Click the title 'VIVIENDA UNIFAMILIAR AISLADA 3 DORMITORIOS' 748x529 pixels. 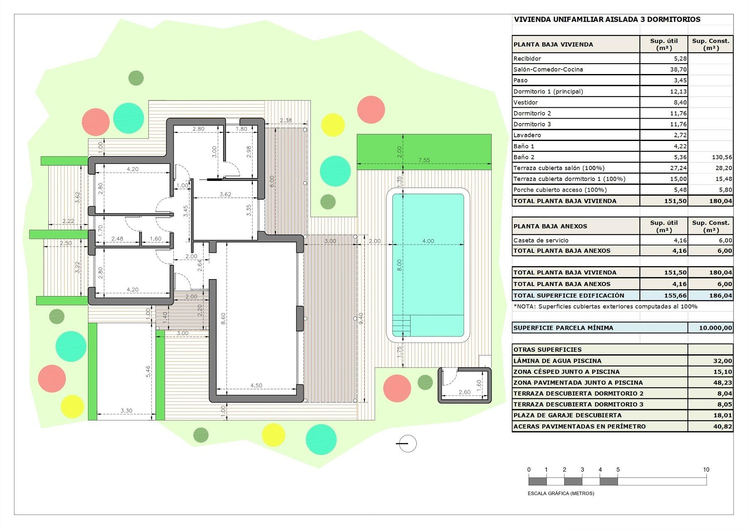[x=607, y=19]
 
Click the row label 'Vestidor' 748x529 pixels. [x=526, y=102]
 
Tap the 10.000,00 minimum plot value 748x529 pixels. [x=715, y=328]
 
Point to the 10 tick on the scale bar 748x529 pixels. [x=706, y=470]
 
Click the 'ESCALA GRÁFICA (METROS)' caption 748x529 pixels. [x=561, y=494]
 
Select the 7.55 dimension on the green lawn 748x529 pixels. [x=424, y=161]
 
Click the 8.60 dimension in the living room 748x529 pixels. [x=224, y=319]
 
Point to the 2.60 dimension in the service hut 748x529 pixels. [x=464, y=392]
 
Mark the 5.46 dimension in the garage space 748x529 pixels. [x=148, y=371]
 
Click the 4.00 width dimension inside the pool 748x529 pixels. [x=428, y=241]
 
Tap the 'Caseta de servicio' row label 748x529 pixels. [x=541, y=240]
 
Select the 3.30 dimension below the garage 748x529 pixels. [x=126, y=411]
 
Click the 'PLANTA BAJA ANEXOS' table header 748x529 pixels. [x=550, y=226]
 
